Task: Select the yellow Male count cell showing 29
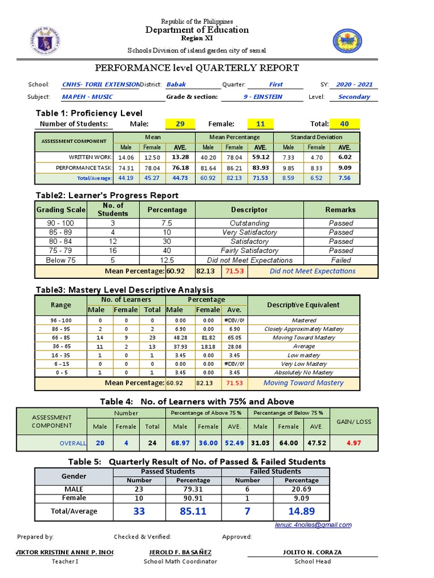(180, 124)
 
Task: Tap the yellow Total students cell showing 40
(345, 124)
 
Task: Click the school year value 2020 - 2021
(354, 85)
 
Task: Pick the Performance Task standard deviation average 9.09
(345, 168)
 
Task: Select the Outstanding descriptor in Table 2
(249, 224)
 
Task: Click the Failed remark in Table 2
(341, 261)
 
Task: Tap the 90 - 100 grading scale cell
(60, 224)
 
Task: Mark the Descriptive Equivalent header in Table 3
(303, 305)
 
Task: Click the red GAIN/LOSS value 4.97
(354, 444)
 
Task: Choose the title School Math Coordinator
(180, 562)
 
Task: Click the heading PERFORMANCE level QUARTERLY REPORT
(197, 68)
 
